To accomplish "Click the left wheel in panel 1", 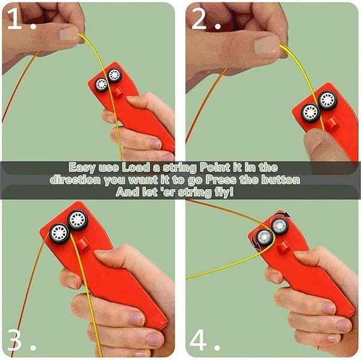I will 101,84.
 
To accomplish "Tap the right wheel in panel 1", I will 114,76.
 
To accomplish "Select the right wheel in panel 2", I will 327,100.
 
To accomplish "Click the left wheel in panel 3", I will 59,233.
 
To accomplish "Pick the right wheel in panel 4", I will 279,226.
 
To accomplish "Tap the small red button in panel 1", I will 119,92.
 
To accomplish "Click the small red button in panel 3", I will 84,243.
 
